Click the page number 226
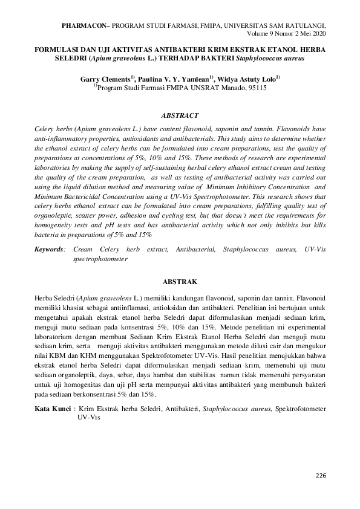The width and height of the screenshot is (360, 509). (x=321, y=476)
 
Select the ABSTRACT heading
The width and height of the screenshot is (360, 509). (x=180, y=114)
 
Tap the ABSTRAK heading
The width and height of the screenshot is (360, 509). (x=180, y=281)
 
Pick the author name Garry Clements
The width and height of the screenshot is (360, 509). (x=104, y=79)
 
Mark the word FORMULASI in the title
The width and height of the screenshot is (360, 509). (x=60, y=51)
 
